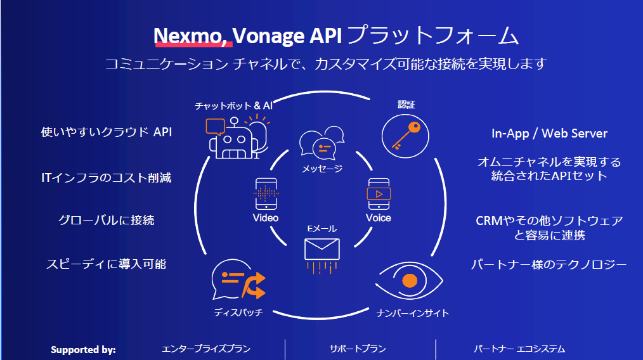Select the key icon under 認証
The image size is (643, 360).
[x=405, y=136]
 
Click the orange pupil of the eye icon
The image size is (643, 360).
[x=410, y=281]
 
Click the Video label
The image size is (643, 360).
[x=265, y=218]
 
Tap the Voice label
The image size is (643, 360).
[x=379, y=218]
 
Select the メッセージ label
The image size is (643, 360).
[x=322, y=169]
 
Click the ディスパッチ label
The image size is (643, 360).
[x=238, y=312]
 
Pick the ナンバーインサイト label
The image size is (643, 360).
[x=413, y=313]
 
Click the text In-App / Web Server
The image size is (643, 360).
[x=549, y=133]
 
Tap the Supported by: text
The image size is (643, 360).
[x=83, y=350]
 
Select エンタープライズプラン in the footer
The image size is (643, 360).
[x=206, y=349]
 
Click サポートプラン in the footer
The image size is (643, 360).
[x=358, y=349]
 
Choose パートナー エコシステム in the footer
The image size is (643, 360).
[x=519, y=349]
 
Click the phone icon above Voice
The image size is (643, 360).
[x=379, y=194]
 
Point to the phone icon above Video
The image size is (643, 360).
[x=266, y=194]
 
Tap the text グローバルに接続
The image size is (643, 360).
[x=106, y=220]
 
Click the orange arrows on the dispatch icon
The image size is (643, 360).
[x=254, y=285]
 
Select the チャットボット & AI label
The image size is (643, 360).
[x=233, y=106]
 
